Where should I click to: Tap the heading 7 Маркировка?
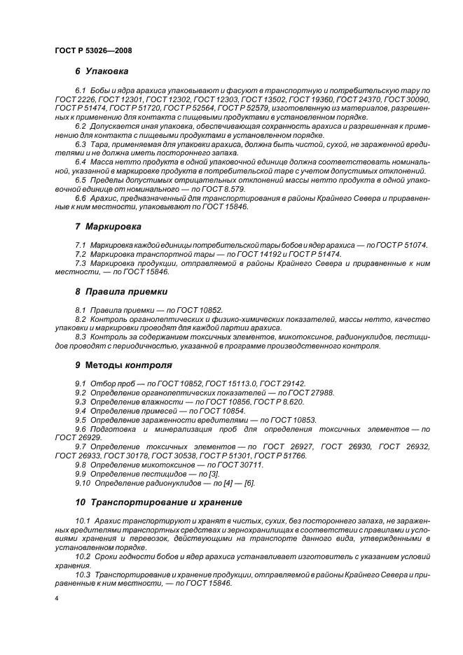pyautogui.click(x=109, y=227)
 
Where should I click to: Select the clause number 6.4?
pyautogui.click(x=80, y=162)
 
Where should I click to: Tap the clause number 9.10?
pyautogui.click(x=82, y=484)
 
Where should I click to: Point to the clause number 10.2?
pyautogui.click(x=83, y=556)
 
